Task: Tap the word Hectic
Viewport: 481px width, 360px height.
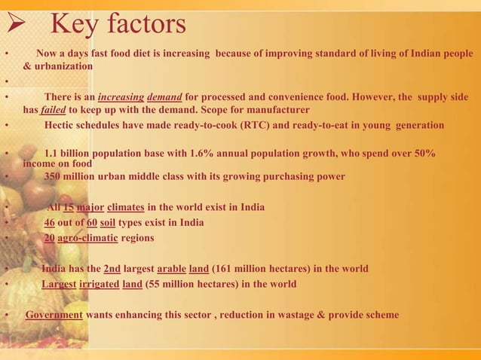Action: (63, 125)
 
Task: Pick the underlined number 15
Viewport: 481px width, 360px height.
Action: (68, 208)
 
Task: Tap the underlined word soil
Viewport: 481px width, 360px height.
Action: (115, 223)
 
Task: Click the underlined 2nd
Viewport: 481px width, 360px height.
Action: (112, 269)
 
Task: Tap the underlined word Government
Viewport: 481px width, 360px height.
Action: (54, 315)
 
